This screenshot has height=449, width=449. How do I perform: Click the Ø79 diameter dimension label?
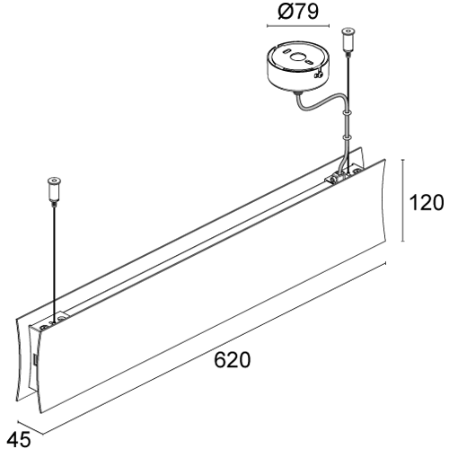[298, 13]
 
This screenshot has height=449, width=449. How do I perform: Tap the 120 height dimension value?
[427, 202]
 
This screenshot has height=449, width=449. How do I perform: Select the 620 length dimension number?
[233, 359]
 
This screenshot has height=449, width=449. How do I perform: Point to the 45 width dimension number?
[19, 439]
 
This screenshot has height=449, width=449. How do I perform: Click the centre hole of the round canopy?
[298, 57]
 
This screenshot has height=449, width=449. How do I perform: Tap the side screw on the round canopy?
[318, 74]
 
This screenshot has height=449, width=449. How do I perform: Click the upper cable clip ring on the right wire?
[347, 113]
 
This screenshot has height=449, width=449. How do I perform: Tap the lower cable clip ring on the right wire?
[347, 137]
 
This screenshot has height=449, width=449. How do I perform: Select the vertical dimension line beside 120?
[403, 200]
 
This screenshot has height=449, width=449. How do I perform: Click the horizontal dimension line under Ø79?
[298, 26]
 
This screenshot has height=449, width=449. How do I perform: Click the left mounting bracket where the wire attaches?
[51, 324]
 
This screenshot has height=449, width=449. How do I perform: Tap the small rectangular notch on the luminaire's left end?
[34, 360]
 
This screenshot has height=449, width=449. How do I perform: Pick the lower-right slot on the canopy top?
[309, 63]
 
